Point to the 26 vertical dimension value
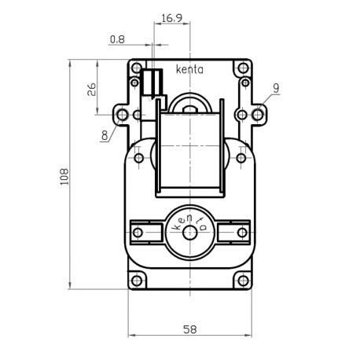click(x=92, y=88)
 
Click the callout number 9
click(x=277, y=88)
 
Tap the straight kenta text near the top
click(x=189, y=69)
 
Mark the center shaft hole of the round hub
click(x=189, y=232)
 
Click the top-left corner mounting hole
click(x=138, y=67)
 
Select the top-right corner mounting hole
click(x=241, y=67)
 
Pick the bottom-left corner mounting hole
click(x=138, y=280)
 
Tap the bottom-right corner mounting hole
click(x=241, y=280)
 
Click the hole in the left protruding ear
click(x=121, y=115)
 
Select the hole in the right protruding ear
click(x=257, y=115)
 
